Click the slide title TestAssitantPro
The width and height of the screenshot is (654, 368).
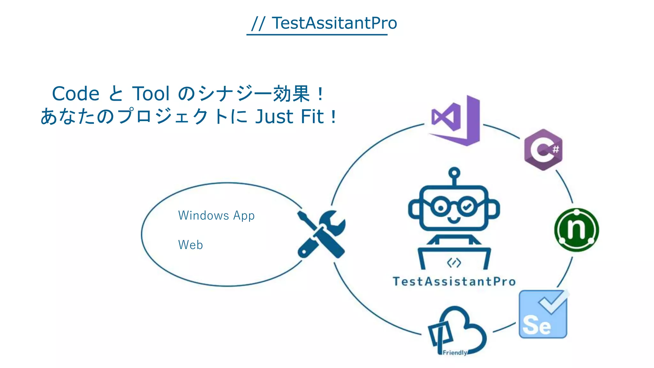coord(334,23)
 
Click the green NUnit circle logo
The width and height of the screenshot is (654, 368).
coord(576,230)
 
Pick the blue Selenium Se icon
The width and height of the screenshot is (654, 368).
coord(543,315)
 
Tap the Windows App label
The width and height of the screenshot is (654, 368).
coord(216,216)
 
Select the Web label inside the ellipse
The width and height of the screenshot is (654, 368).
coord(190,245)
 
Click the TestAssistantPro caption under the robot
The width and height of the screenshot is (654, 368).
coord(454,281)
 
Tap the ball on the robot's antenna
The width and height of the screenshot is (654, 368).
coord(454,173)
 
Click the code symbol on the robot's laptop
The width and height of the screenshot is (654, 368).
coord(454,263)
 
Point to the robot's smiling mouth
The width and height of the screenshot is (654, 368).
coord(454,220)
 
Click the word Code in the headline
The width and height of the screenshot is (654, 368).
coord(76,94)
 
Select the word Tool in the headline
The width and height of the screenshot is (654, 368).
coord(151,94)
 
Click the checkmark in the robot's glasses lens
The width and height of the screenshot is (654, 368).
coord(467,207)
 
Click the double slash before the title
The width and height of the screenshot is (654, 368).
coord(258,23)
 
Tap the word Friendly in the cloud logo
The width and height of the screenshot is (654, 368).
coord(455,353)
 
